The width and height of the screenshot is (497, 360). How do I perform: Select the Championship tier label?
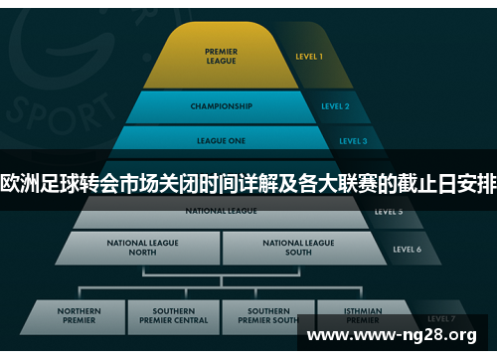[221, 106]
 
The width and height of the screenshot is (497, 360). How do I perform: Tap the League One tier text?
[222, 141]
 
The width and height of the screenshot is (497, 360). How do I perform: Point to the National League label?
[221, 211]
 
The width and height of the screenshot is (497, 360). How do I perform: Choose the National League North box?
[145, 247]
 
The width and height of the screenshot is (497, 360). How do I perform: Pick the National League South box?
[298, 247]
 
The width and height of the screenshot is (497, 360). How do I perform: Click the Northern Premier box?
[79, 316]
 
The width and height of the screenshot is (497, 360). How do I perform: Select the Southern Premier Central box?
[174, 316]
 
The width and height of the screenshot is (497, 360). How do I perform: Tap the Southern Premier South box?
[269, 316]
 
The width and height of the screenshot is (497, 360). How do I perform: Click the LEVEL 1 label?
[309, 57]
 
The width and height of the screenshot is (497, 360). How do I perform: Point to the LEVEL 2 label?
[335, 106]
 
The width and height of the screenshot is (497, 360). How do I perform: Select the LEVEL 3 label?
[353, 141]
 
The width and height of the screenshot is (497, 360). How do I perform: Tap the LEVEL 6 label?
[407, 249]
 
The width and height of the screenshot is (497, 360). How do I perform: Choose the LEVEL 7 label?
[441, 318]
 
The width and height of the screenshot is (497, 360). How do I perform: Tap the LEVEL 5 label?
[389, 212]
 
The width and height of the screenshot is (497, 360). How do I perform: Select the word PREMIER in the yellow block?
[221, 52]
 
